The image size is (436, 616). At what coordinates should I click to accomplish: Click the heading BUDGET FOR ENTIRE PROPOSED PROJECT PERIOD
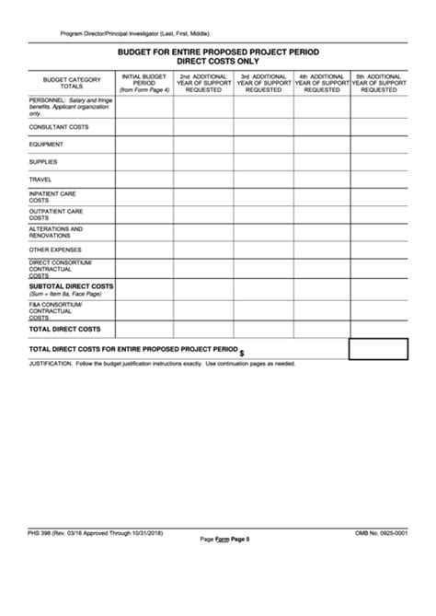pyautogui.click(x=218, y=52)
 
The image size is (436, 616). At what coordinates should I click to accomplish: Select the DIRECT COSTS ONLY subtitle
pyautogui.click(x=218, y=62)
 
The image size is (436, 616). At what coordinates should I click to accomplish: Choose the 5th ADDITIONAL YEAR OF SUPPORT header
pyautogui.click(x=378, y=83)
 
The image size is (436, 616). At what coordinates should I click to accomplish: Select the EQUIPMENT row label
pyautogui.click(x=46, y=144)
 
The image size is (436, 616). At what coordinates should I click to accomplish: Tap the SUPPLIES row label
pyautogui.click(x=43, y=161)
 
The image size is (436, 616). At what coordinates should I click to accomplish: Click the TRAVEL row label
pyautogui.click(x=40, y=179)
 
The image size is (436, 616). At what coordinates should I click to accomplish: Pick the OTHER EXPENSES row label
pyautogui.click(x=55, y=249)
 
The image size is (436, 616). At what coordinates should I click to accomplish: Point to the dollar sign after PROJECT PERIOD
pyautogui.click(x=242, y=353)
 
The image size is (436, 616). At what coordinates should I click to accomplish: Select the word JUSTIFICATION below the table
pyautogui.click(x=51, y=364)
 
